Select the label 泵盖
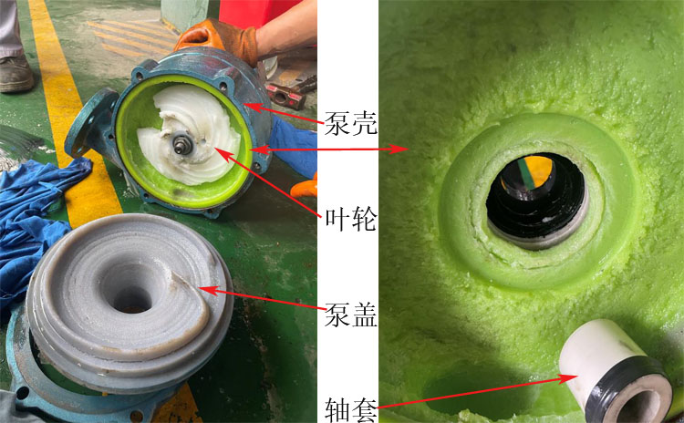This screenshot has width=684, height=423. pos(350,315)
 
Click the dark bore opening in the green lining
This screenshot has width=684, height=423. pos(536,196)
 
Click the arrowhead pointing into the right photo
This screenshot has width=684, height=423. pos(401,148)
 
